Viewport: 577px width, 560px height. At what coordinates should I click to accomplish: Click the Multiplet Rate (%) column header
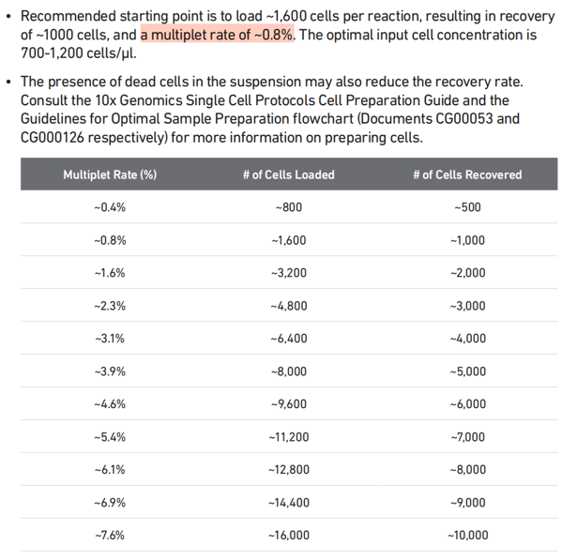110,174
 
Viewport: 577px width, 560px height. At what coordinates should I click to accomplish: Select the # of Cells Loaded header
288,174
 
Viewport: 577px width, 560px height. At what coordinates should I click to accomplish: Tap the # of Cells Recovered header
467,174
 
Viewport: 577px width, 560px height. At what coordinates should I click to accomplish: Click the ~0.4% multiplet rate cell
110,207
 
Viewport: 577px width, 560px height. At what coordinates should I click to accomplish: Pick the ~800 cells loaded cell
288,207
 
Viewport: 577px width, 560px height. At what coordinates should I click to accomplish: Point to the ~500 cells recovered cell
467,207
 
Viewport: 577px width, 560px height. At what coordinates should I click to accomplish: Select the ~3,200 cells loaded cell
288,273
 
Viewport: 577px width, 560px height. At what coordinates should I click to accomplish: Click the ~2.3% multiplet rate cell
110,306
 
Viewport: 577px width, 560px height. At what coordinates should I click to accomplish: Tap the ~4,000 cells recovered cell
467,339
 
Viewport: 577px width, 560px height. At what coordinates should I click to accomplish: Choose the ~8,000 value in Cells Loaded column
288,371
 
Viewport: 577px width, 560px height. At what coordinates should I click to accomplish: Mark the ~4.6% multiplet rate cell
110,404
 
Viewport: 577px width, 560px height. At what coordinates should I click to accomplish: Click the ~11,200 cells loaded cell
288,437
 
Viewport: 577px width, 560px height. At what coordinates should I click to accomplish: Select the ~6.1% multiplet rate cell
110,470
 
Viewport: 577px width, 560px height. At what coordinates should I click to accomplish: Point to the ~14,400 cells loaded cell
288,503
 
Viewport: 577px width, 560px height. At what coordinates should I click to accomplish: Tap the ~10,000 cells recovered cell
467,536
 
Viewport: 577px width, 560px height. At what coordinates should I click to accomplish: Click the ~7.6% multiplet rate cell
110,536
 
